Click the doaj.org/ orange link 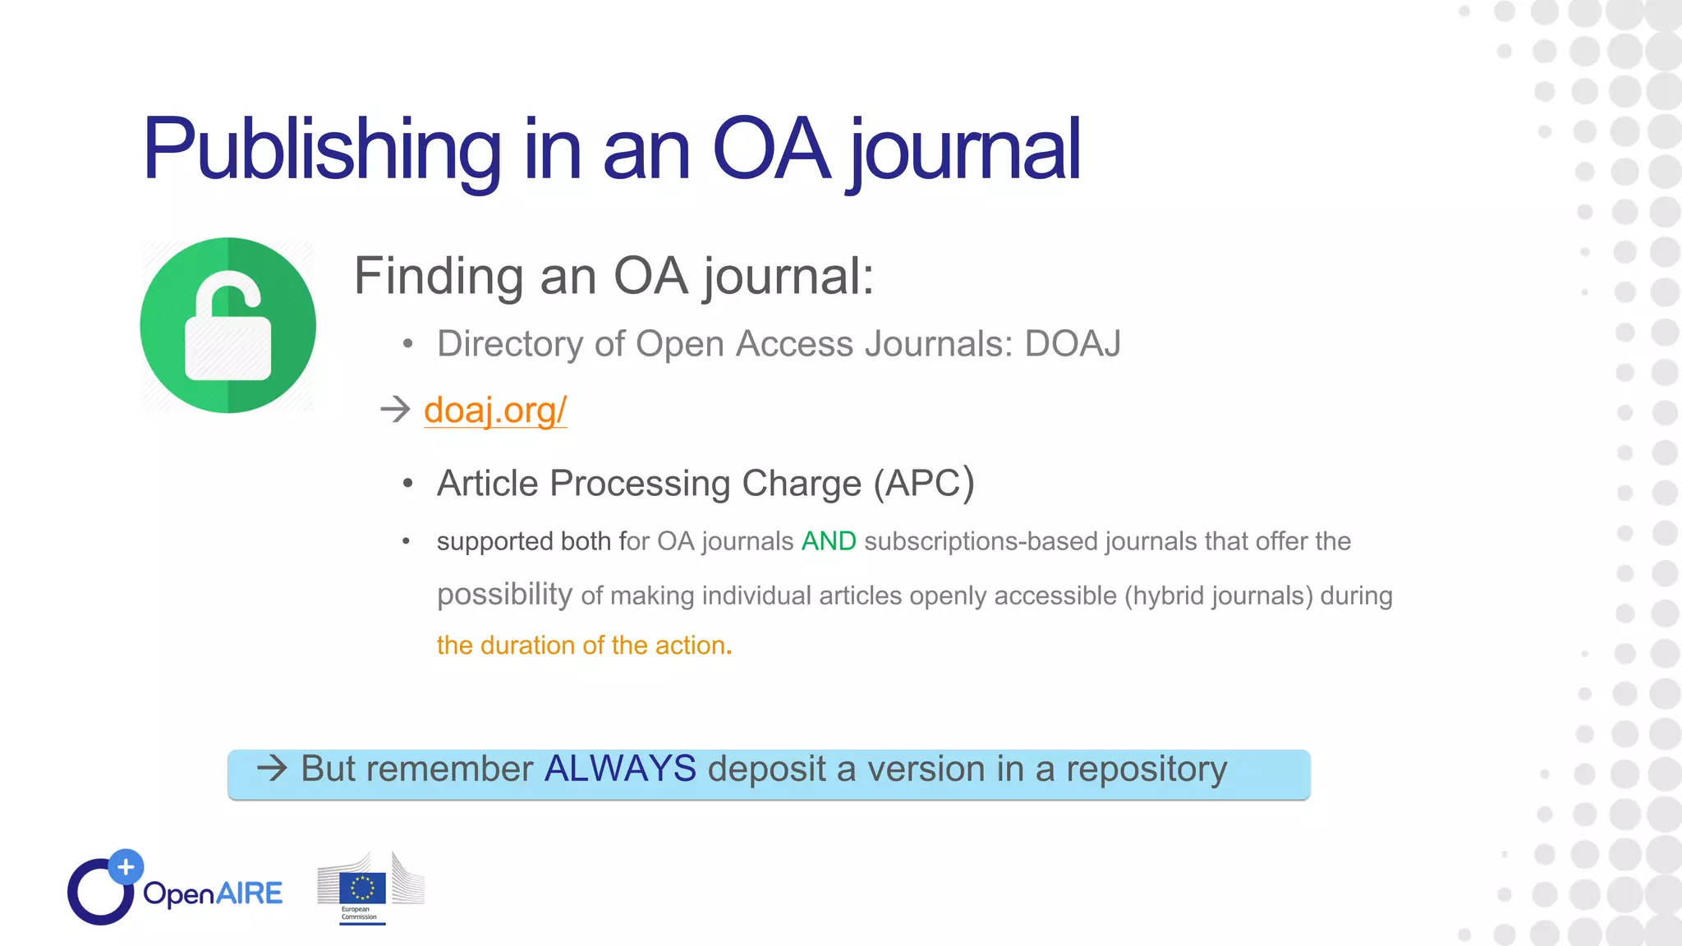[495, 410]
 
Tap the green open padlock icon [228, 326]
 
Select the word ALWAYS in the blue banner [620, 769]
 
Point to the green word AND [829, 542]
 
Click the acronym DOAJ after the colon [1072, 344]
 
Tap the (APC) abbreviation [924, 483]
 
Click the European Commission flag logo [363, 889]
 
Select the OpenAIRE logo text [213, 893]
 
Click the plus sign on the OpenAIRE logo [126, 866]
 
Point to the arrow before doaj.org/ [396, 409]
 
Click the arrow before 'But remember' [272, 769]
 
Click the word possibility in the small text [504, 594]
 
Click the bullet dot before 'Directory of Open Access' [408, 345]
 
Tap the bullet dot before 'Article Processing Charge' [408, 484]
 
